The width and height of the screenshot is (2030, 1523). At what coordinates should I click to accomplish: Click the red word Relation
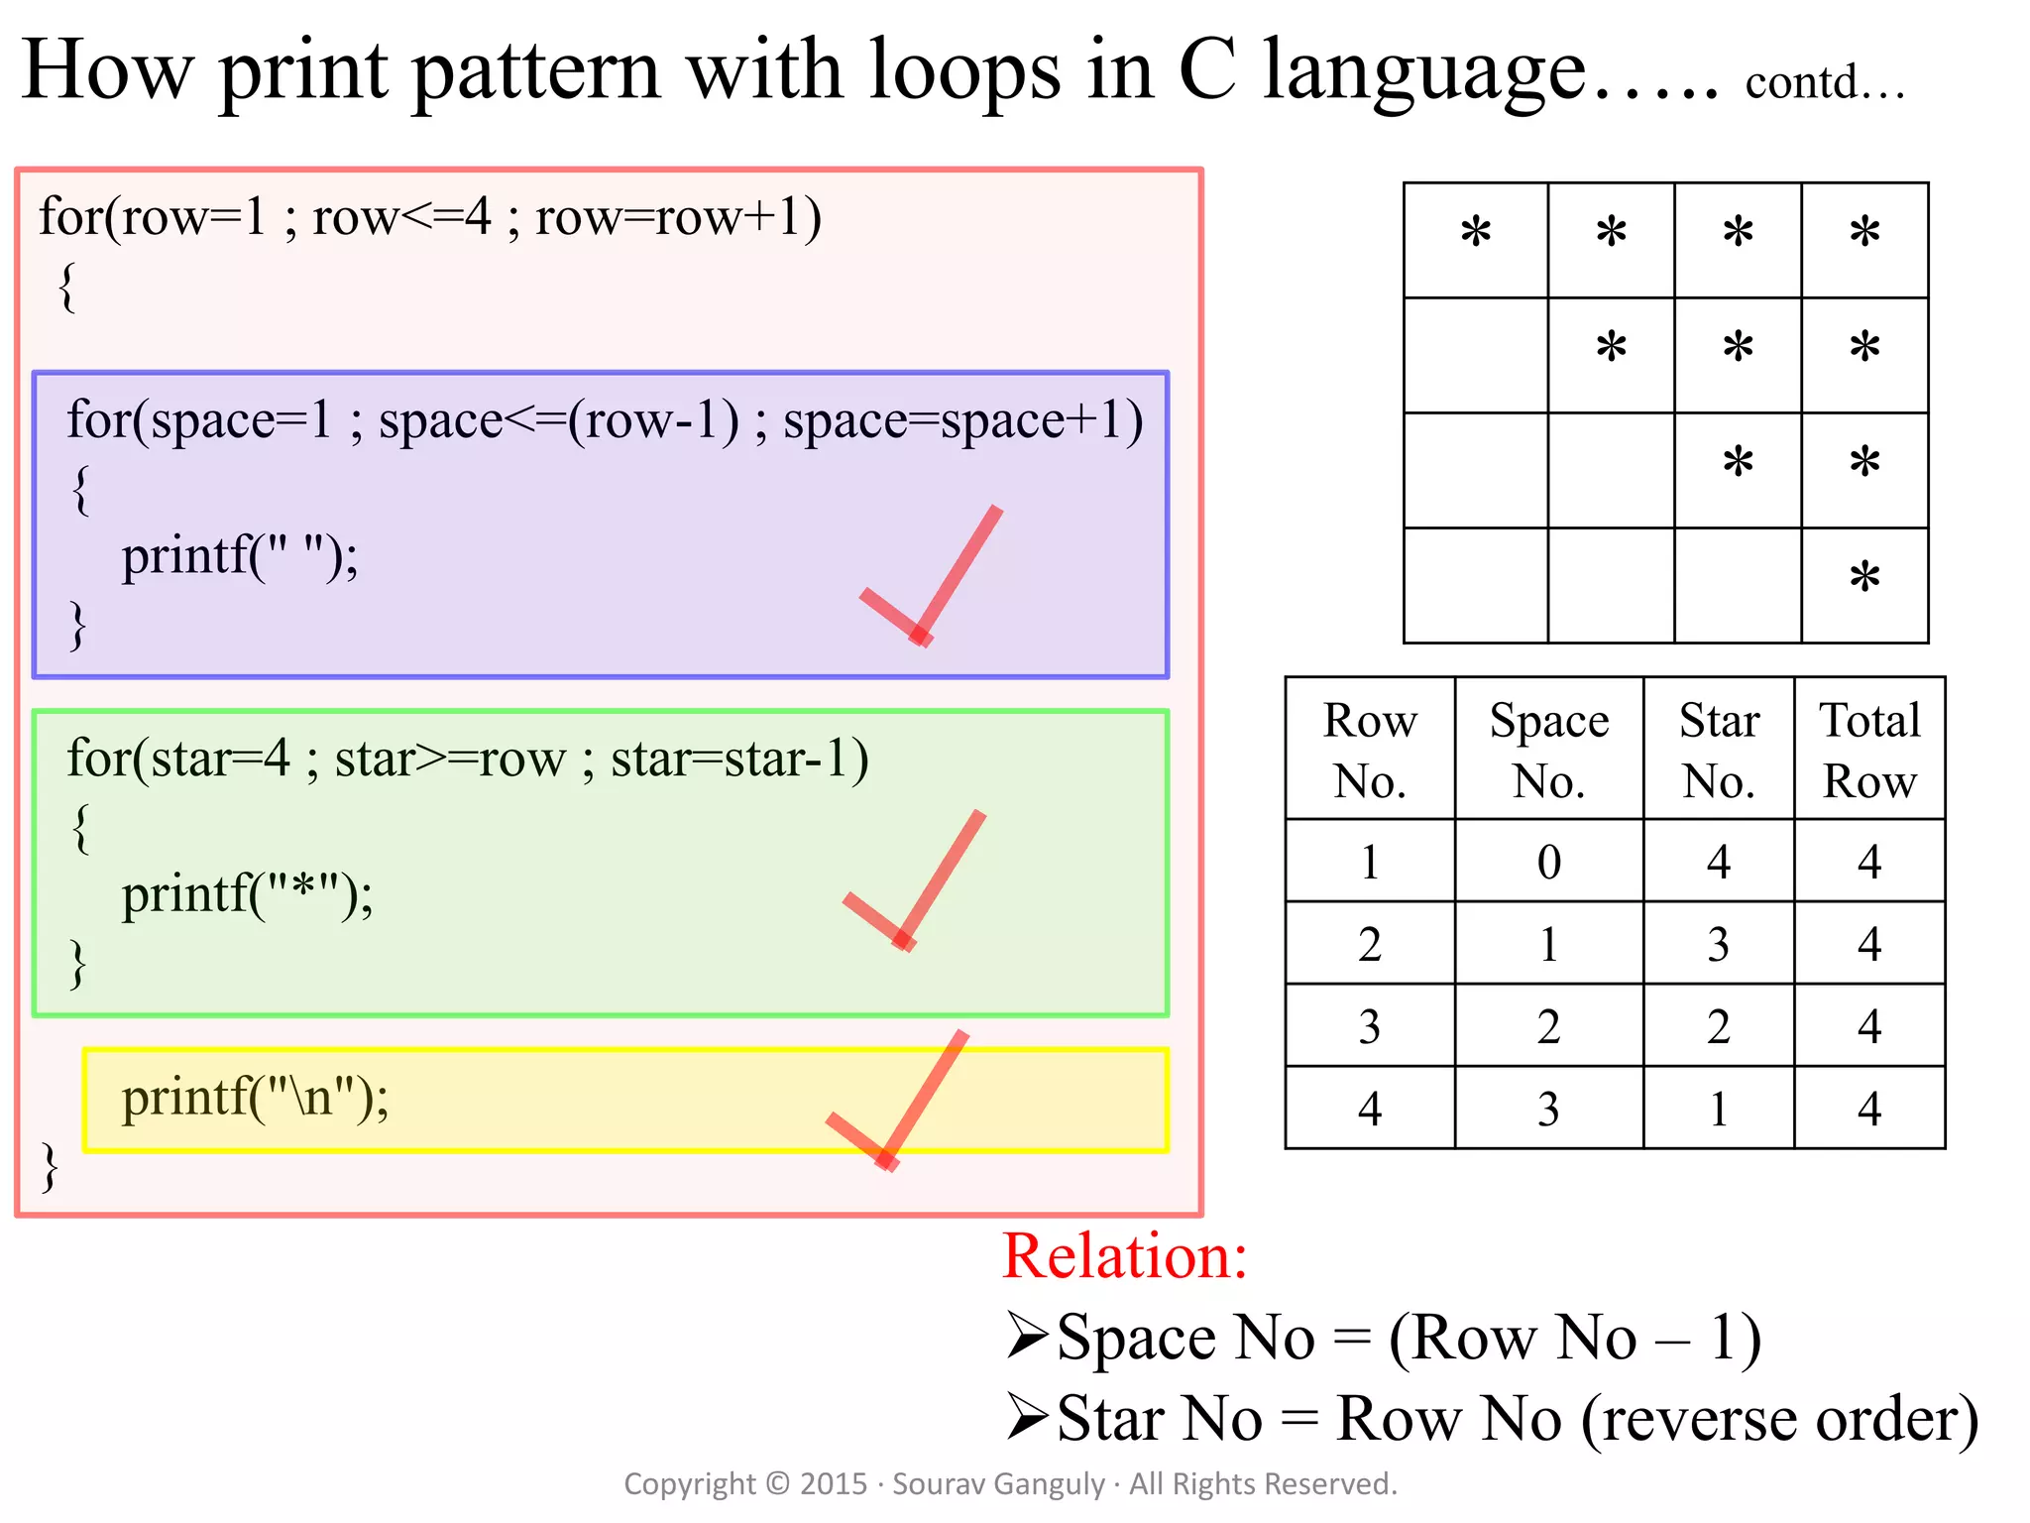coord(1124,1256)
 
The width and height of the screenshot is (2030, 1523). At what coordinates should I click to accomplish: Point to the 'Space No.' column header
coord(1548,750)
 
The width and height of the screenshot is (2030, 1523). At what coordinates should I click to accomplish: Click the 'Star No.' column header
coord(1718,750)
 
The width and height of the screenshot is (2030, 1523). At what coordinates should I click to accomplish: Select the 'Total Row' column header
coord(1869,750)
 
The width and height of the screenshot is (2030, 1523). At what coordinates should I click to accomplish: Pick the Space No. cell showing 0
coord(1548,861)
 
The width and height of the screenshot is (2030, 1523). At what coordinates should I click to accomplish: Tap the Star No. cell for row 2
coord(1718,944)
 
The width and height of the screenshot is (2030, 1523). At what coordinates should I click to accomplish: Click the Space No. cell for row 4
coord(1548,1109)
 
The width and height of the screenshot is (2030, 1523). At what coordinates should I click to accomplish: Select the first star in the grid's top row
coord(1476,233)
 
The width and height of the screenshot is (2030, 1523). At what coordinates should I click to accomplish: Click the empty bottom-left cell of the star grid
coord(1476,585)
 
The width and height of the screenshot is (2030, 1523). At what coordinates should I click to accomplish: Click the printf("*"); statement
coord(247,895)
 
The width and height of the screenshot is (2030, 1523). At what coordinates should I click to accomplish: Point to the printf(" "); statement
coord(240,556)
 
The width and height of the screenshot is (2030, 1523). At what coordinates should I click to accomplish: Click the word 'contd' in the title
coord(1801,82)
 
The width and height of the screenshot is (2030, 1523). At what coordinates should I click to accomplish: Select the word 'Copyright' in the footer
coord(689,1483)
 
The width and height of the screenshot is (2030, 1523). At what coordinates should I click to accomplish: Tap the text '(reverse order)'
coord(1779,1418)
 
